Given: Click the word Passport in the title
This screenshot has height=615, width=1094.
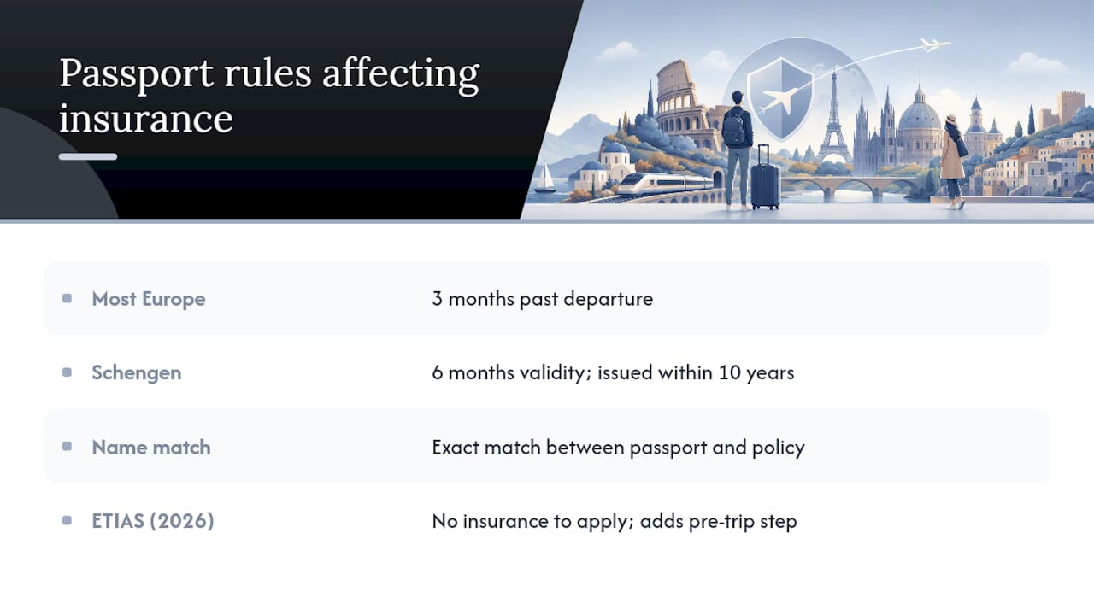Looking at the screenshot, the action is click(x=136, y=73).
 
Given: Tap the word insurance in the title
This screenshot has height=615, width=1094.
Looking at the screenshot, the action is click(x=146, y=119).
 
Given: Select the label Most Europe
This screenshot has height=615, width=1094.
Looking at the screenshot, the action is click(x=149, y=299).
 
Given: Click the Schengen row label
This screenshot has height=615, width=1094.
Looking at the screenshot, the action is click(x=136, y=373).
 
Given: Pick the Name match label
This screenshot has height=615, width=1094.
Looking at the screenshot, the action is click(x=151, y=447).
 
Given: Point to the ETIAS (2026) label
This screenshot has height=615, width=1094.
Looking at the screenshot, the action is click(x=153, y=521).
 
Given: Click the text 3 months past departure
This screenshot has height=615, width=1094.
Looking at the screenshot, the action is click(x=542, y=299).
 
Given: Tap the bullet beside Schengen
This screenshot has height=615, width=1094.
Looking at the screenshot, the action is click(x=68, y=372).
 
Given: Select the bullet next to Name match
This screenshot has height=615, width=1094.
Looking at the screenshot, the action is click(x=68, y=447).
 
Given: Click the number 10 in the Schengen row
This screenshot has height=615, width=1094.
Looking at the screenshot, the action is click(x=730, y=373).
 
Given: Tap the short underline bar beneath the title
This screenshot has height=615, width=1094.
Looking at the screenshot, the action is click(x=88, y=156).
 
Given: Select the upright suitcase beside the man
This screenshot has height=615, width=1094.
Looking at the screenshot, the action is click(x=765, y=179).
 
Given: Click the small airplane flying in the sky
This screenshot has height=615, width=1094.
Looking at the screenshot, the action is click(x=934, y=45).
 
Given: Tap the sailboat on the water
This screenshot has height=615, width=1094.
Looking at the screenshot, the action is click(x=545, y=177).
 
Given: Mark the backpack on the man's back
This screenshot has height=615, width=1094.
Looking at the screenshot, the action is click(x=733, y=128).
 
